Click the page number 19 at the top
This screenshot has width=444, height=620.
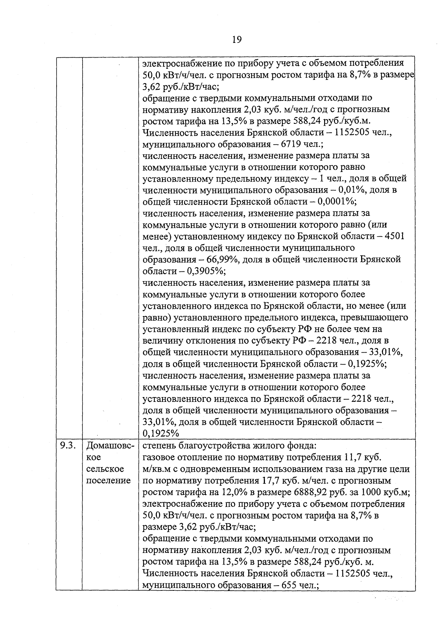237,39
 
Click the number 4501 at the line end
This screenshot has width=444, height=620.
394,236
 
